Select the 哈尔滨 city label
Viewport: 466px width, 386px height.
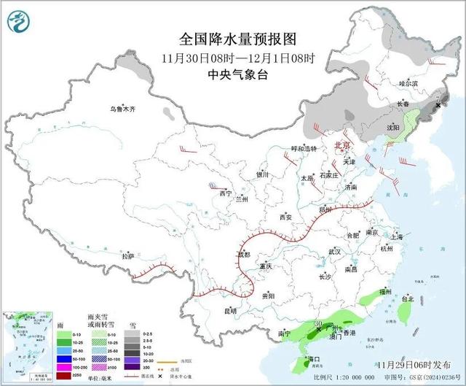[409, 84]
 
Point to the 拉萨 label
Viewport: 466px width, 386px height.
[128, 256]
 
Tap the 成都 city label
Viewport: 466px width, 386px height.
[243, 255]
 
